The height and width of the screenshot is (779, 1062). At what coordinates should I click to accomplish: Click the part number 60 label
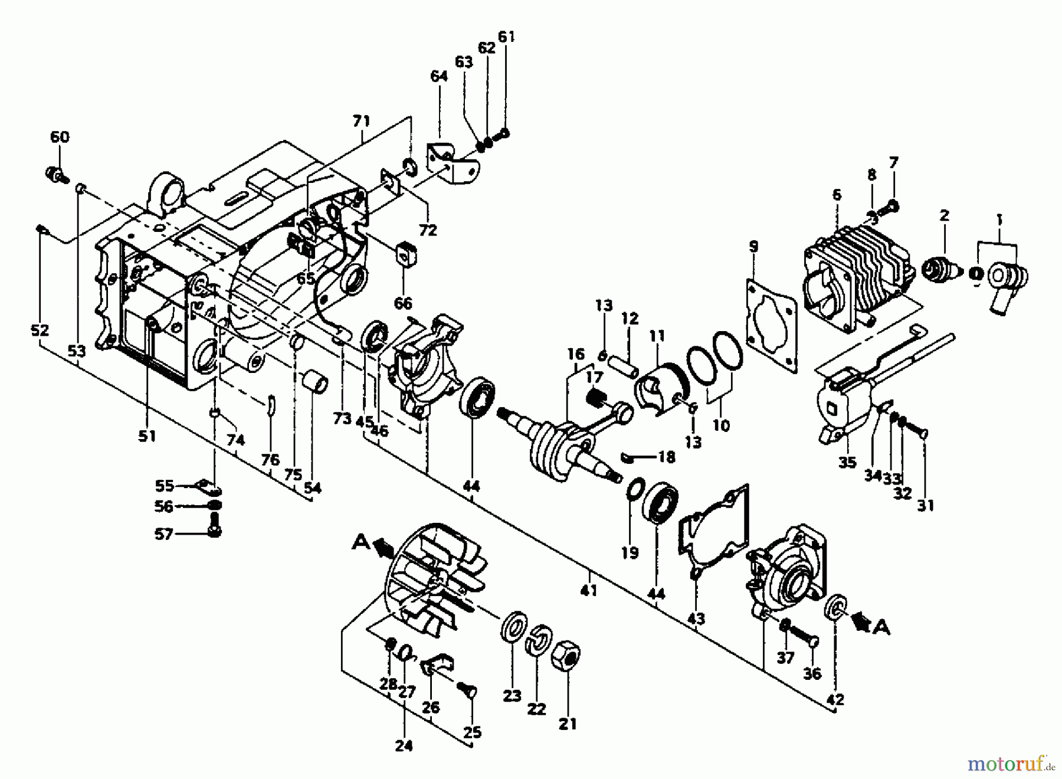[x=60, y=137]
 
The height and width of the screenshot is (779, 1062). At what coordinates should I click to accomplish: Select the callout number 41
[x=588, y=590]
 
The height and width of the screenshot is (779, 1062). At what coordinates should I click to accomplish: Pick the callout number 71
[x=361, y=122]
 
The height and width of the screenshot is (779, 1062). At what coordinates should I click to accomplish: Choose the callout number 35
[x=847, y=461]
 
